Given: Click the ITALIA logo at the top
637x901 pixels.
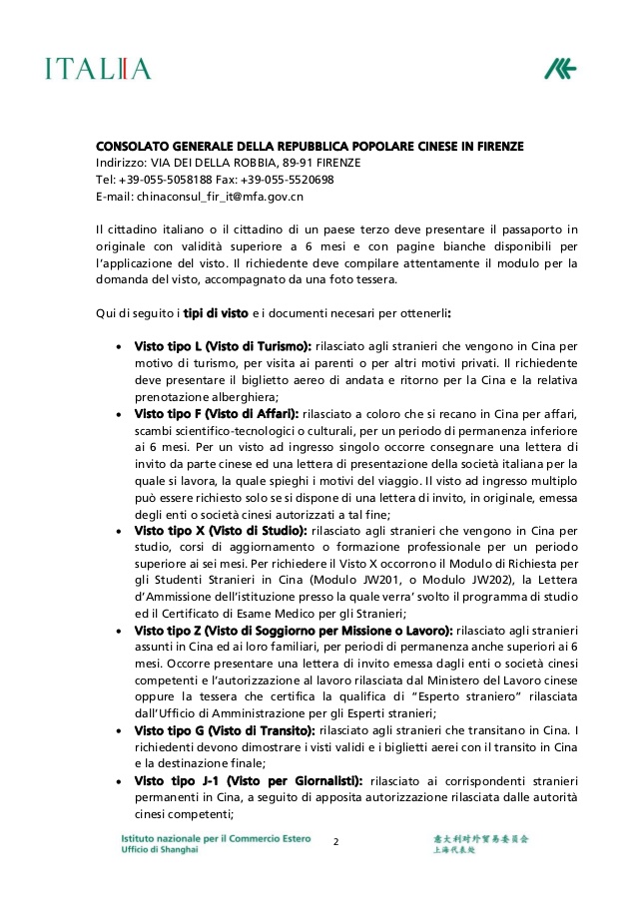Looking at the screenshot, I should click(98, 69).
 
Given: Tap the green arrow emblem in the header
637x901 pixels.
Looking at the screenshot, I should click(560, 69).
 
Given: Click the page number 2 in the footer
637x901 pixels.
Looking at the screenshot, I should click(335, 842).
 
